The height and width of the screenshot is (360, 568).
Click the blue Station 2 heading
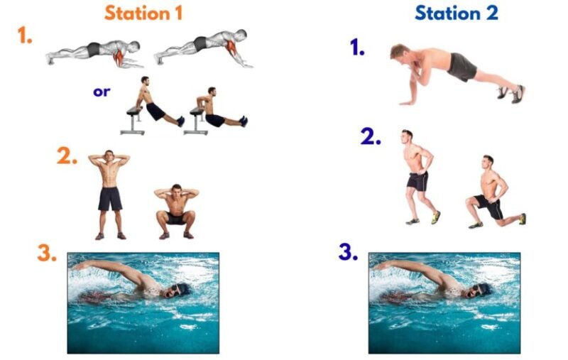pos(456,13)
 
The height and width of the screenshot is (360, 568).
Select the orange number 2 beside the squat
pos(67,157)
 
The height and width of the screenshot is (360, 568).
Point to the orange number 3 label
pos(47,253)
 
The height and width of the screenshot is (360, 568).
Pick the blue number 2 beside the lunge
pos(371,137)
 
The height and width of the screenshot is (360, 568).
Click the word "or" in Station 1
pos(102,92)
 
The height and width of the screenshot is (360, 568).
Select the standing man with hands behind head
pos(109,192)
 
